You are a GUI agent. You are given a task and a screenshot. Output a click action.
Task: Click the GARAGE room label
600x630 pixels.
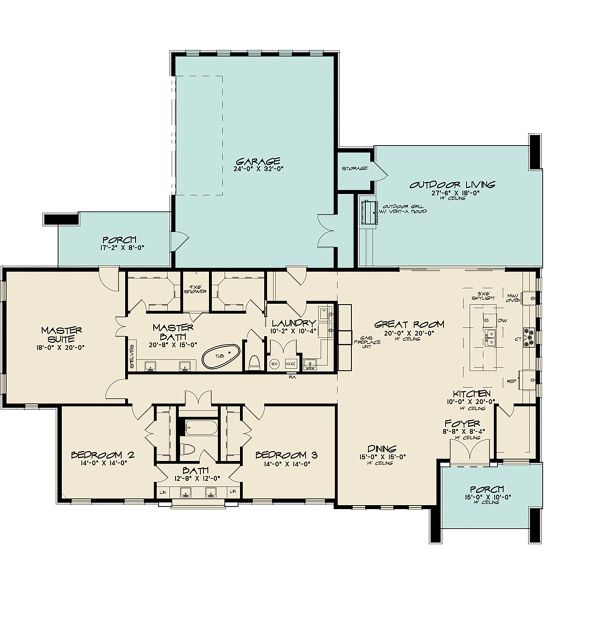click(x=257, y=160)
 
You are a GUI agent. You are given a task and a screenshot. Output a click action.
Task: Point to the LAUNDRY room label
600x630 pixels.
click(x=293, y=323)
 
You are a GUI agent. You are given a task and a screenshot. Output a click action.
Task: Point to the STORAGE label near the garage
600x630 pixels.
click(x=354, y=168)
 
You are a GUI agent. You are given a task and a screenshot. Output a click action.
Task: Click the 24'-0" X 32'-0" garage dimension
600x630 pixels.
click(x=257, y=170)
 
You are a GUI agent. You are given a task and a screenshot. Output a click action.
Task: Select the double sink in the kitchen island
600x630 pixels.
click(x=490, y=335)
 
